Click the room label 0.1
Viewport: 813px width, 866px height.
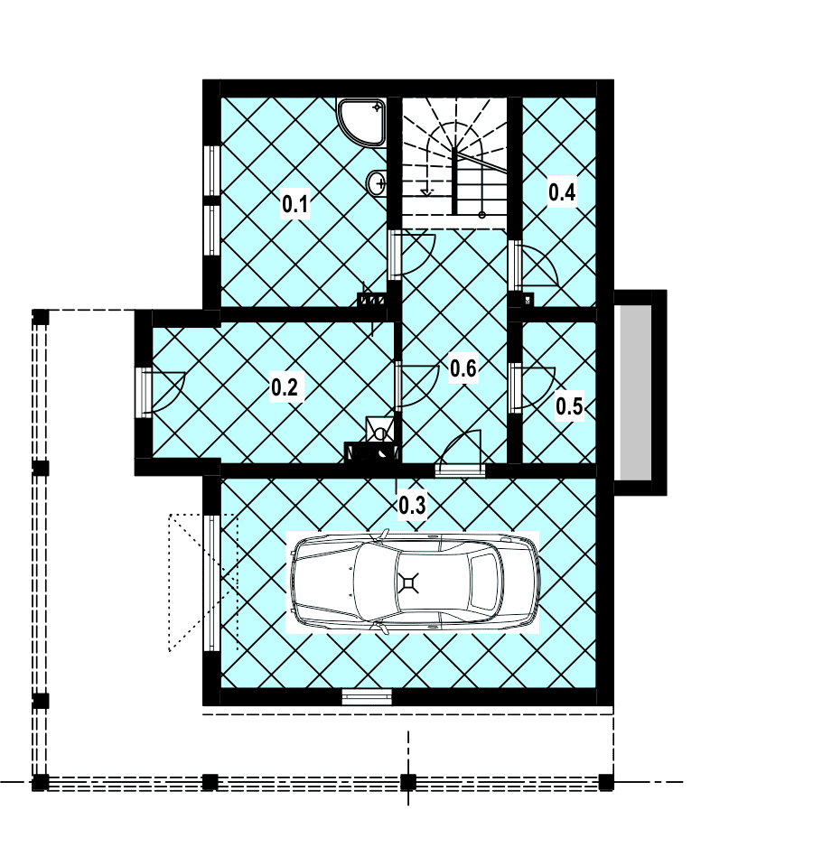tap(294, 204)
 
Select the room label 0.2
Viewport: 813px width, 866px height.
tap(285, 387)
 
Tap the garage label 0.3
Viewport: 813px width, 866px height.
tap(412, 505)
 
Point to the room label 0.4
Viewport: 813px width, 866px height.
tap(562, 192)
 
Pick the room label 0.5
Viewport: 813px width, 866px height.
tap(569, 406)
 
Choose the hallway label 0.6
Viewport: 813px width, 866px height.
tap(463, 368)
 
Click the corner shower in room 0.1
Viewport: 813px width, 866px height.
tap(361, 123)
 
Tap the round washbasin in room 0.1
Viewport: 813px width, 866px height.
tap(378, 182)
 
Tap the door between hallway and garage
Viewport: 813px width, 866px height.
tap(459, 454)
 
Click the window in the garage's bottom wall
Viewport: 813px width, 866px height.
tap(367, 697)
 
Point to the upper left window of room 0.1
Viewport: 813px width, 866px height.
tap(211, 170)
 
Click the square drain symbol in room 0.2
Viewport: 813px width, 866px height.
tap(380, 430)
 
